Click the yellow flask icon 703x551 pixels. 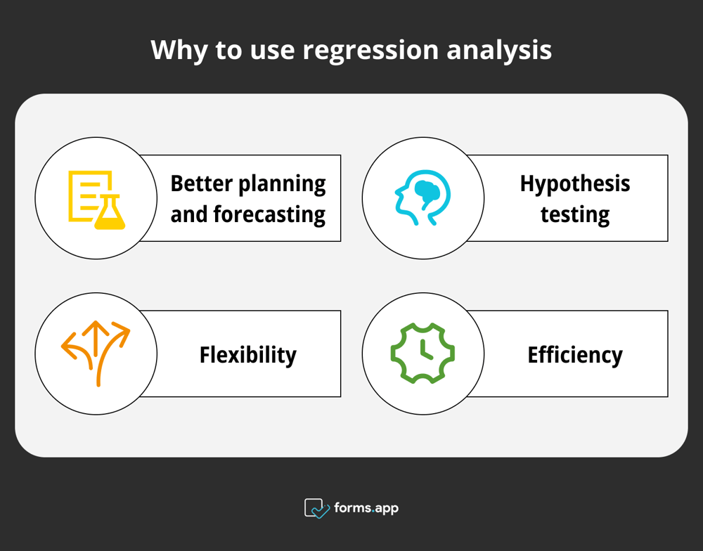click(x=110, y=213)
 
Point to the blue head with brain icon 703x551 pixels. click(x=422, y=198)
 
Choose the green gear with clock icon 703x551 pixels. click(x=423, y=353)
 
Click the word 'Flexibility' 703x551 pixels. click(x=247, y=355)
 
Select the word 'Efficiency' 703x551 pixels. click(x=575, y=355)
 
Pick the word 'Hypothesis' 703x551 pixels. click(x=575, y=184)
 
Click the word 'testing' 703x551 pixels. click(x=575, y=214)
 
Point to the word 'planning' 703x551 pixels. click(x=283, y=184)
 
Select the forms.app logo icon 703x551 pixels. click(x=316, y=508)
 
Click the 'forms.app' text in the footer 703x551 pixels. click(x=366, y=507)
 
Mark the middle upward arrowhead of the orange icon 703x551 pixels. click(x=93, y=328)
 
